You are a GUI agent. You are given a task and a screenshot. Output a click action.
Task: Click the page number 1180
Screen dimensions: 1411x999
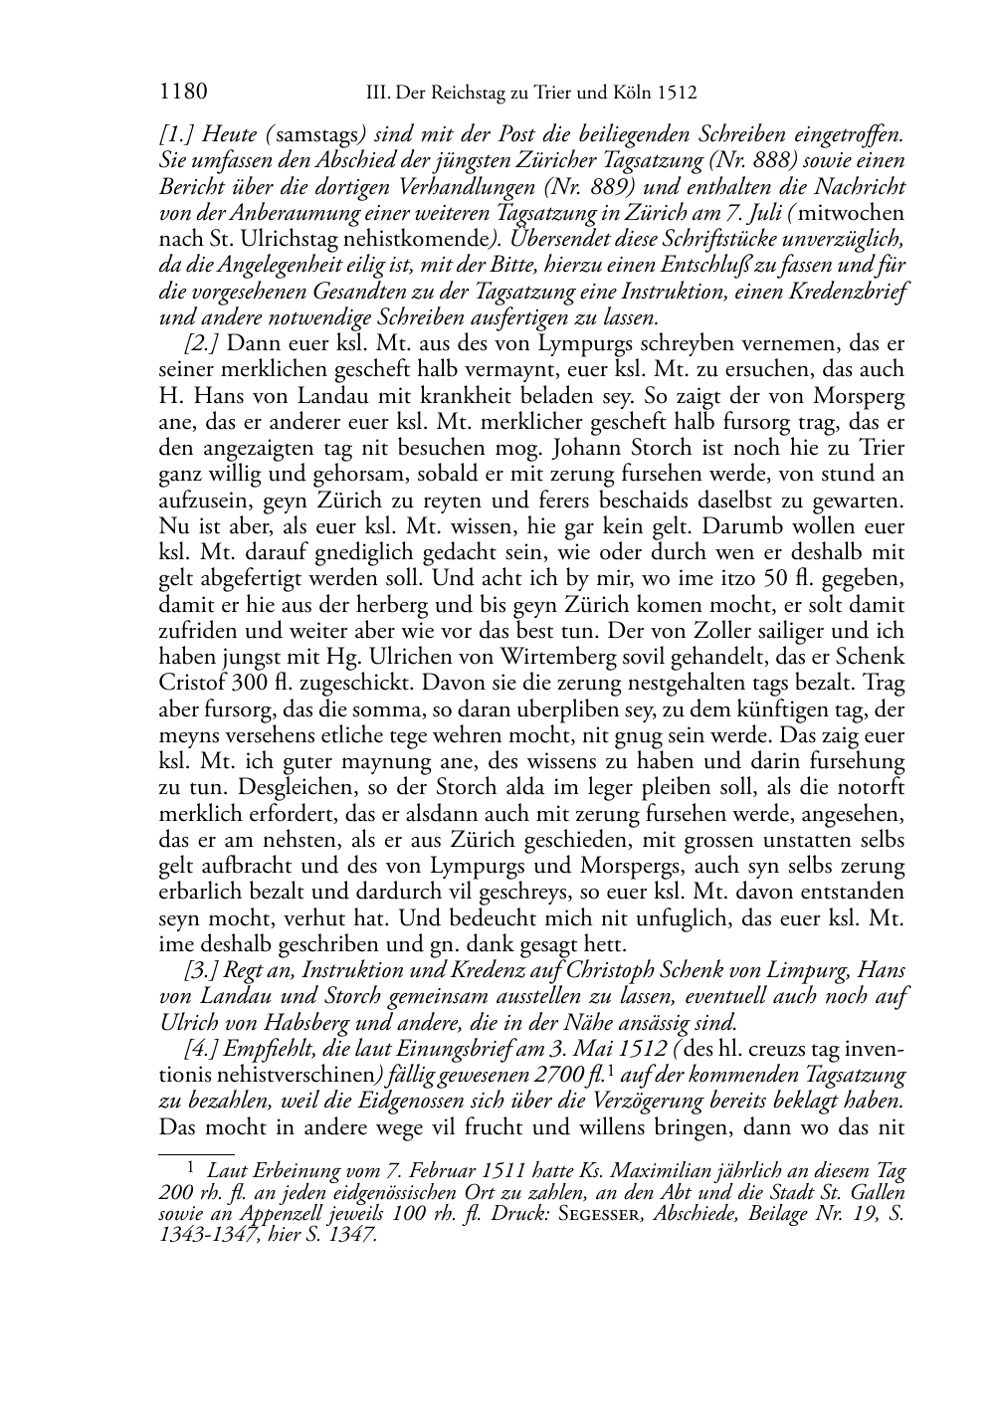(182, 94)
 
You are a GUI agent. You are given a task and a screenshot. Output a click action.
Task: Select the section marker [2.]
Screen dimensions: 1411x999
(201, 343)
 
